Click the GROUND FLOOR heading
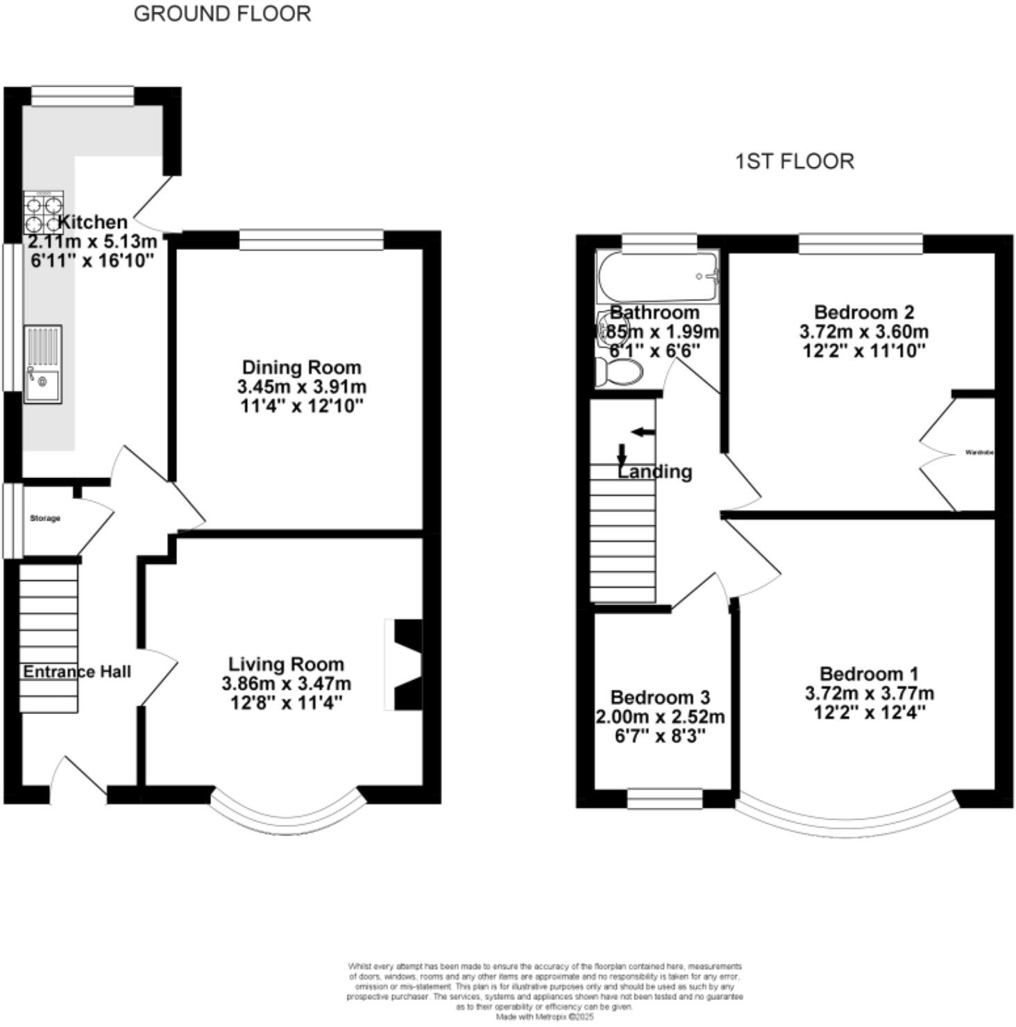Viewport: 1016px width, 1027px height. pyautogui.click(x=222, y=14)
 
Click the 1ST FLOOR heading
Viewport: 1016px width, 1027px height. pyautogui.click(x=794, y=161)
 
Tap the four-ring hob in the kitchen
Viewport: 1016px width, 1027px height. pyautogui.click(x=44, y=213)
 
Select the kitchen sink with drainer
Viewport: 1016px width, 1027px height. pyautogui.click(x=43, y=364)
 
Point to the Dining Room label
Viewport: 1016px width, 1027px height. pyautogui.click(x=301, y=367)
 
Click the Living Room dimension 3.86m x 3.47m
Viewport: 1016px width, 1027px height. pyautogui.click(x=286, y=684)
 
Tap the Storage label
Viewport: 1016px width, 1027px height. pyautogui.click(x=45, y=518)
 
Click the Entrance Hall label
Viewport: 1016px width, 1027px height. pyautogui.click(x=76, y=672)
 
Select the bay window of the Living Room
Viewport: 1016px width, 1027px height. pyautogui.click(x=287, y=813)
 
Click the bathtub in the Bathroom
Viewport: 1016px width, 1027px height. pyautogui.click(x=657, y=276)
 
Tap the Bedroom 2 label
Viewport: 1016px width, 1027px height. pyautogui.click(x=863, y=312)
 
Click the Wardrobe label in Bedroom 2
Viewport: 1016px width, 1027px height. pyautogui.click(x=979, y=452)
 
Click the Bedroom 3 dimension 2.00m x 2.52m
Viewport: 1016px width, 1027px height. pyautogui.click(x=660, y=717)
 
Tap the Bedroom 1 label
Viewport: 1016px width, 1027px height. pyautogui.click(x=869, y=674)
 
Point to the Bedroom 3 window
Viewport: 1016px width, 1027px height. pyautogui.click(x=664, y=799)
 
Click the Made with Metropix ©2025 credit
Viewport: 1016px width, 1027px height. pyautogui.click(x=545, y=1017)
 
